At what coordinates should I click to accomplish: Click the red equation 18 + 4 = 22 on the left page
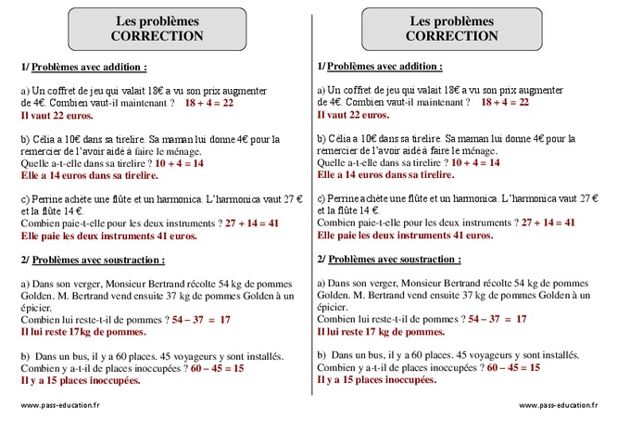pyautogui.click(x=208, y=103)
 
